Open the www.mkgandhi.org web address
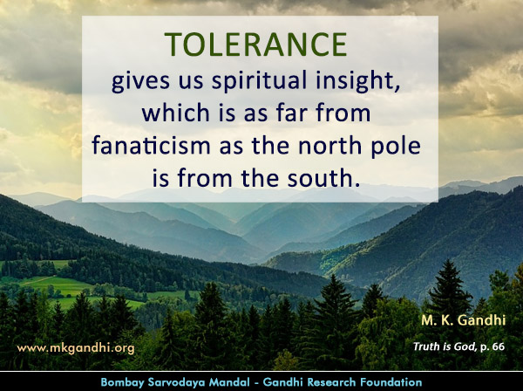pyautogui.click(x=76, y=347)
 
